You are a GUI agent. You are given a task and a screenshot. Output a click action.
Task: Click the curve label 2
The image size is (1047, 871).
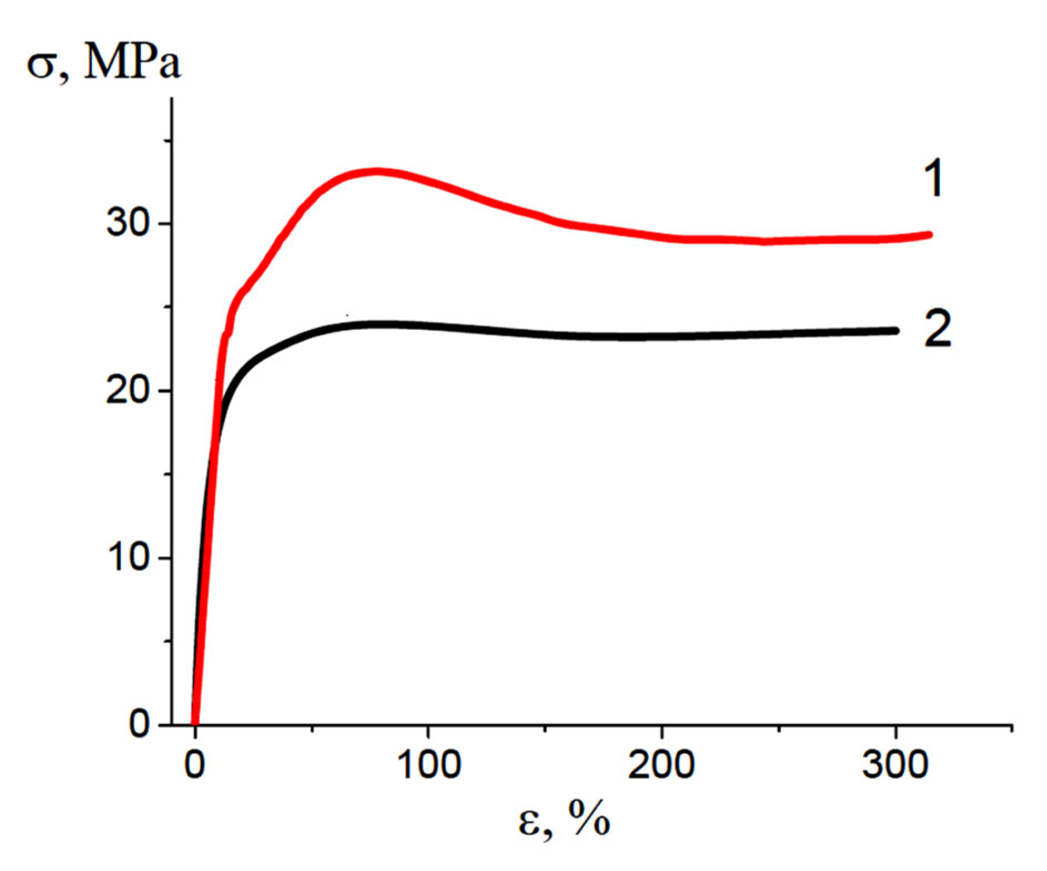[937, 329]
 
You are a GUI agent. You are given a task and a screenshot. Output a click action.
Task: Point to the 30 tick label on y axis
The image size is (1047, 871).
[127, 224]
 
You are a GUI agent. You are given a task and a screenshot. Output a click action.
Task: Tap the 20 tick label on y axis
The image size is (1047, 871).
[127, 391]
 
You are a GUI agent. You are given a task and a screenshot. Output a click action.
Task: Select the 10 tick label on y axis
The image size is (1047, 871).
[128, 557]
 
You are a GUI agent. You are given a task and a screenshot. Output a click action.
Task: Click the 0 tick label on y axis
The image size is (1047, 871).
[140, 724]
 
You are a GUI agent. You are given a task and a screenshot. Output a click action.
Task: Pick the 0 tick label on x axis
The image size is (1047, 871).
[195, 764]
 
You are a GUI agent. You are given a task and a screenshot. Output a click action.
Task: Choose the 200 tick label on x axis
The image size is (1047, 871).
[661, 764]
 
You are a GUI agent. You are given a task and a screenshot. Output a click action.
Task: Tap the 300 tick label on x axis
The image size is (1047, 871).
[895, 764]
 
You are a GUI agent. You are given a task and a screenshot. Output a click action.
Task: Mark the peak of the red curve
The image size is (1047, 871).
[376, 172]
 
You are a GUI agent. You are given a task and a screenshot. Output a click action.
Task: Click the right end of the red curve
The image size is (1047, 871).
[930, 234]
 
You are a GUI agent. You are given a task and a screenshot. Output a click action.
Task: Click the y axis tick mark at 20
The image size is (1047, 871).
[167, 391]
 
